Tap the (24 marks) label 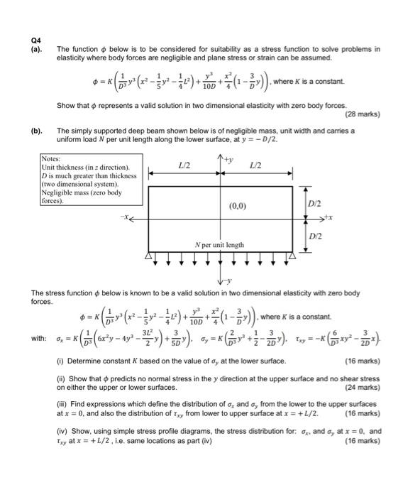coord(362,388)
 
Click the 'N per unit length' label coord(220,245)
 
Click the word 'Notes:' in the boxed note coord(52,158)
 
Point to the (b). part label coord(36,131)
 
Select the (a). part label coord(36,50)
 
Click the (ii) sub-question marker coord(61,379)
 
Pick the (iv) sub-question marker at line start coord(62,430)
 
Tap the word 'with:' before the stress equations coord(39,337)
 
